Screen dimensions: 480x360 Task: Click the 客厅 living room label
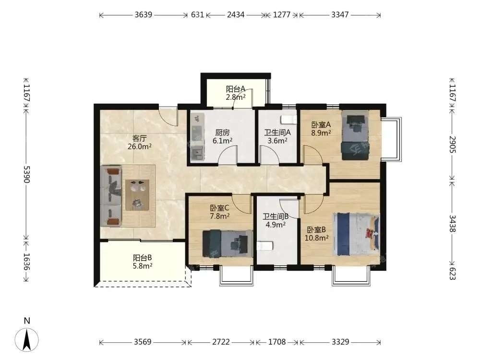tap(139, 138)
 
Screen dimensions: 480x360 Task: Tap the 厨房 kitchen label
tap(222, 132)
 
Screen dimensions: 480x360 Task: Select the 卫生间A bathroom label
tap(277, 132)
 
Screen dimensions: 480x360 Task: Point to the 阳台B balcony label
tap(143, 258)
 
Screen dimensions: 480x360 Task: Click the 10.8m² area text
tap(317, 238)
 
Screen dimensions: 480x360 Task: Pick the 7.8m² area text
tap(220, 216)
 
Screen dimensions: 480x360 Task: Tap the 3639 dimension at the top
tap(143, 15)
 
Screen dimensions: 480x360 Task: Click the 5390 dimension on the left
tap(26, 175)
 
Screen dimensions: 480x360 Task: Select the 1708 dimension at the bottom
tap(277, 342)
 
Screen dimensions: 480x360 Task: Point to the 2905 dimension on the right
tap(453, 144)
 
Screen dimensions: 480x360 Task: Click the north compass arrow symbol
tap(27, 339)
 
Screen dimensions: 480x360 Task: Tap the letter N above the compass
tap(27, 321)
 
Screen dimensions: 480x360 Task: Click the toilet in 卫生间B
tap(264, 246)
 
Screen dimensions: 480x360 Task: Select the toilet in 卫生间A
tap(289, 119)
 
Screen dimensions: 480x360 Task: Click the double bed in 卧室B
tap(357, 234)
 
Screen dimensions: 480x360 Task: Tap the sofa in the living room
tap(111, 196)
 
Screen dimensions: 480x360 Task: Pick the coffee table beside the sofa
tap(137, 195)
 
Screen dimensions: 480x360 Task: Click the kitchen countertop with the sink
tap(197, 137)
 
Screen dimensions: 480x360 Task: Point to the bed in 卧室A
tap(356, 135)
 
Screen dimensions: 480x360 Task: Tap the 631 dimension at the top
tap(197, 15)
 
